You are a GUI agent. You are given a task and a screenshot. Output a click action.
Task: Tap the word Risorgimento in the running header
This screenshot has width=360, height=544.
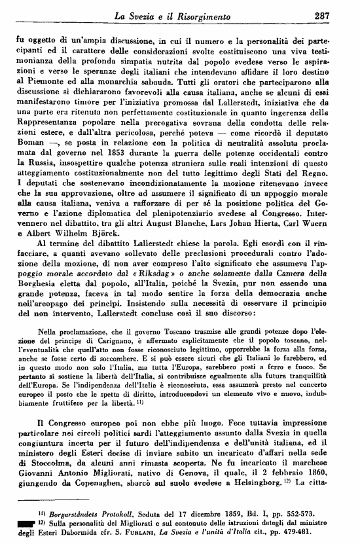click(x=223, y=16)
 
